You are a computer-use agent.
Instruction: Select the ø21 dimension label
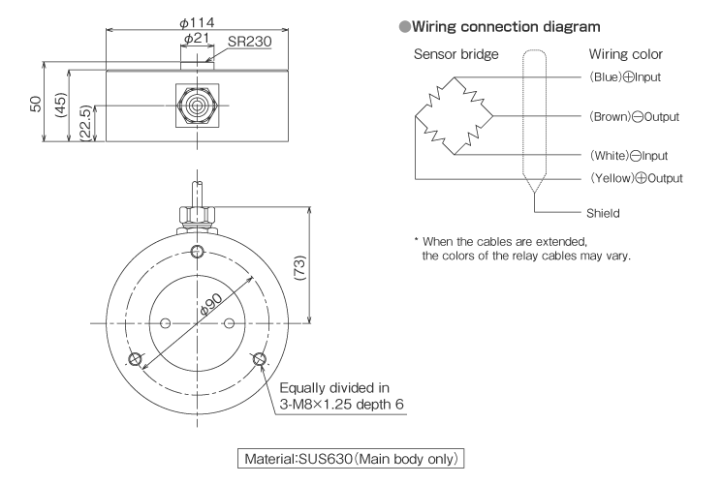(x=199, y=40)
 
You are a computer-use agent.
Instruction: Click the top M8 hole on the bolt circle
(x=197, y=252)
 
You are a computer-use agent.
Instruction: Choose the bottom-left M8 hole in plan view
(x=135, y=359)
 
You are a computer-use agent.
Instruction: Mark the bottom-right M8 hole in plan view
(x=259, y=359)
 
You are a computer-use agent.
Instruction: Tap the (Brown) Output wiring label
(x=634, y=116)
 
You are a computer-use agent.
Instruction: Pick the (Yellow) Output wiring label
(x=636, y=178)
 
